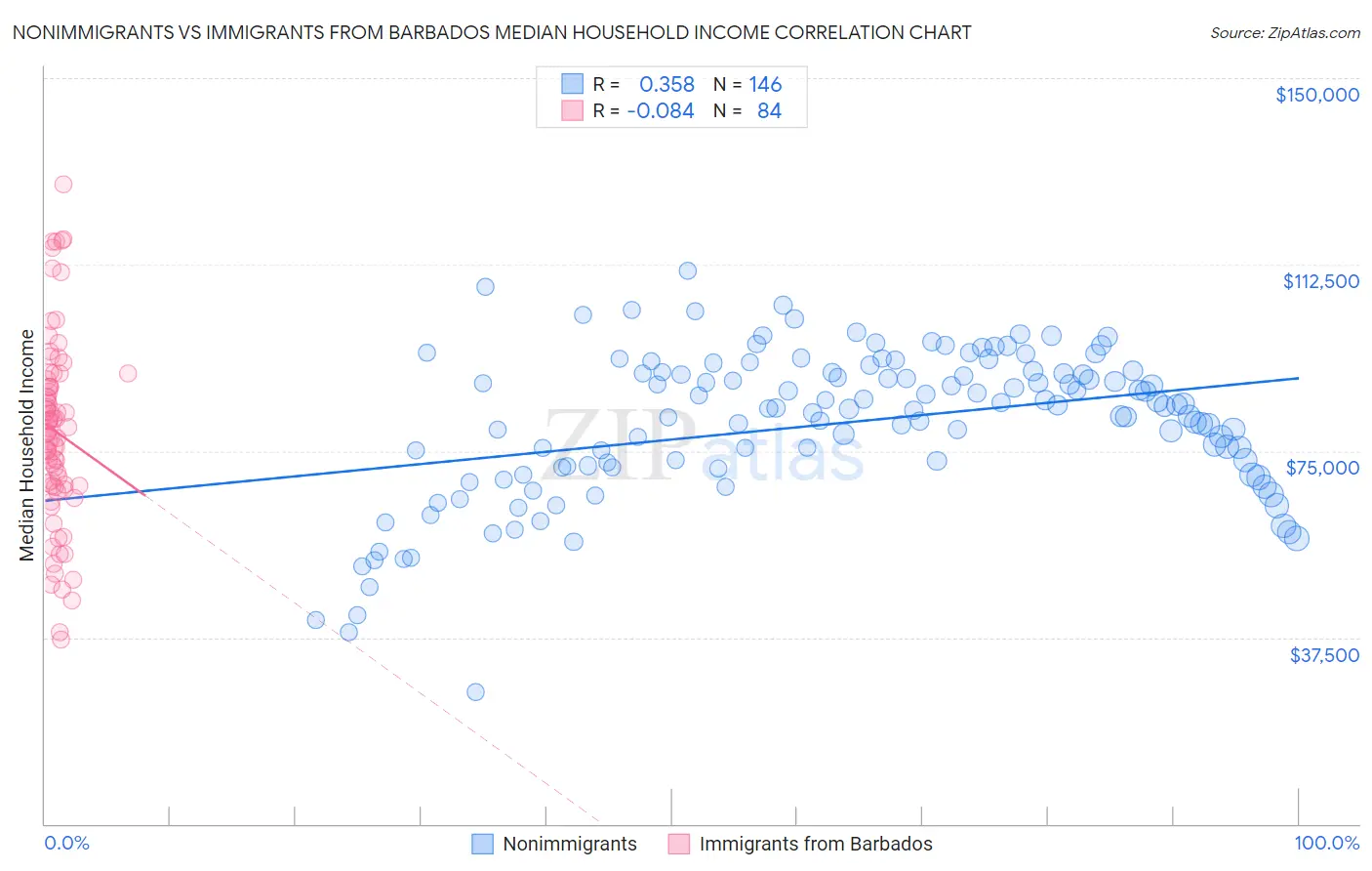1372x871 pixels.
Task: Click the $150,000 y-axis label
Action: tap(1316, 95)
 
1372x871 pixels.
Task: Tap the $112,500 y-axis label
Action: tap(1320, 281)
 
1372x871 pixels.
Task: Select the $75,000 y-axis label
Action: tap(1322, 468)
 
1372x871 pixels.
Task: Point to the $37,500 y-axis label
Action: tap(1324, 655)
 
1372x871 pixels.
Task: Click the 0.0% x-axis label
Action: tap(66, 844)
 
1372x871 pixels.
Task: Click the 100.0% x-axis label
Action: tap(1326, 844)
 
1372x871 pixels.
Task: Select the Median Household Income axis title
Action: tap(26, 445)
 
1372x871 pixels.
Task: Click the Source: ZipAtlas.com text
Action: tap(1284, 32)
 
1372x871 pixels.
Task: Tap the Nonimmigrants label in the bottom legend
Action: tap(570, 845)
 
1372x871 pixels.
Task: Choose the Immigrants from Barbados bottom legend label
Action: tap(816, 845)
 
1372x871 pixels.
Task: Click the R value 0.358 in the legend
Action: tap(666, 85)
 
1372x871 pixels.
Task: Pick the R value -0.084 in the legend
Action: tap(661, 111)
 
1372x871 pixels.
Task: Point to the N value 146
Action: tap(765, 85)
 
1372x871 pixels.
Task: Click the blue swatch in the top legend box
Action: tap(572, 84)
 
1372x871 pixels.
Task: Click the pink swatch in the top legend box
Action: tap(572, 110)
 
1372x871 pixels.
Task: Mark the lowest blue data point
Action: tap(475, 691)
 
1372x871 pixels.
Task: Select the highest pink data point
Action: tap(63, 184)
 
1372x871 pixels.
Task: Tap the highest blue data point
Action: tap(688, 270)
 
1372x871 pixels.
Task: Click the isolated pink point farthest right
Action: tap(128, 373)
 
